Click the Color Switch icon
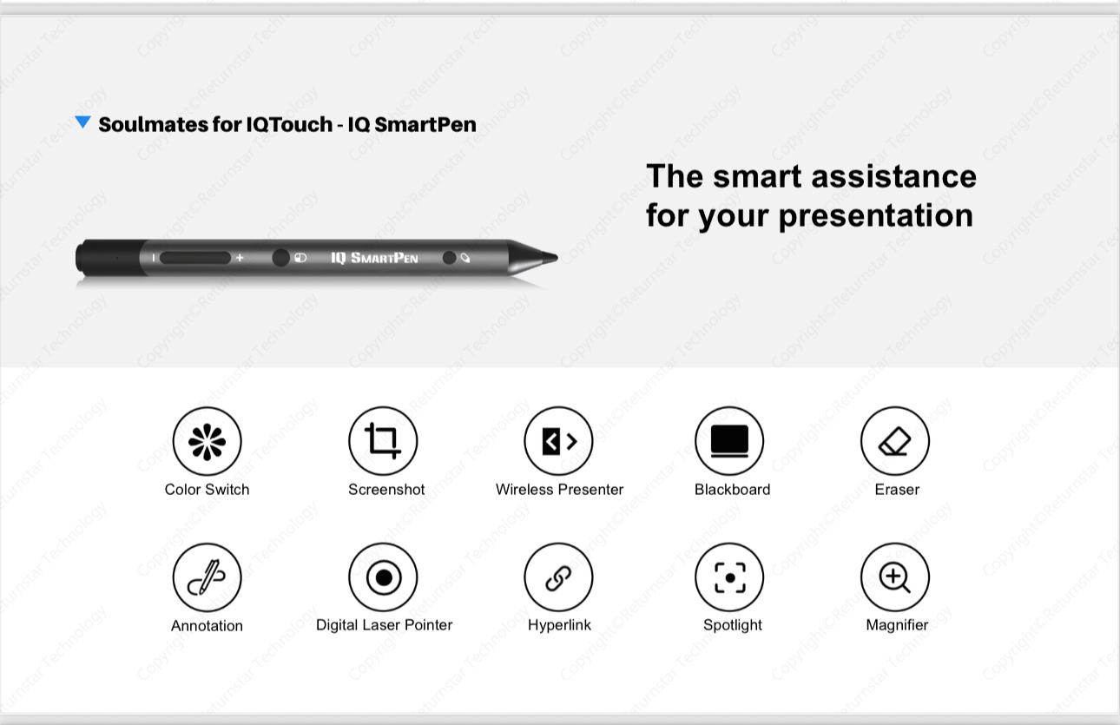pos(207,441)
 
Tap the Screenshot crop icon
pos(383,441)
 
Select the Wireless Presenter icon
pos(558,441)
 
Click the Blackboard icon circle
pos(729,441)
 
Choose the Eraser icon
pos(895,441)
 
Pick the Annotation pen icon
pos(207,577)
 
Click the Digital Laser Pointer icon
pos(383,577)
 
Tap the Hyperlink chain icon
pos(558,577)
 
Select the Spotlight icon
pos(729,577)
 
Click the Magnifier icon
pos(895,577)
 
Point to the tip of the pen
pos(557,258)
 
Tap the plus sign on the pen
pos(240,258)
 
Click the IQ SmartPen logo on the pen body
pos(374,258)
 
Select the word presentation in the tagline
pos(876,216)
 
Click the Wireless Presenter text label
pos(559,490)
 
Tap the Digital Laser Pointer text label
pos(384,625)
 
